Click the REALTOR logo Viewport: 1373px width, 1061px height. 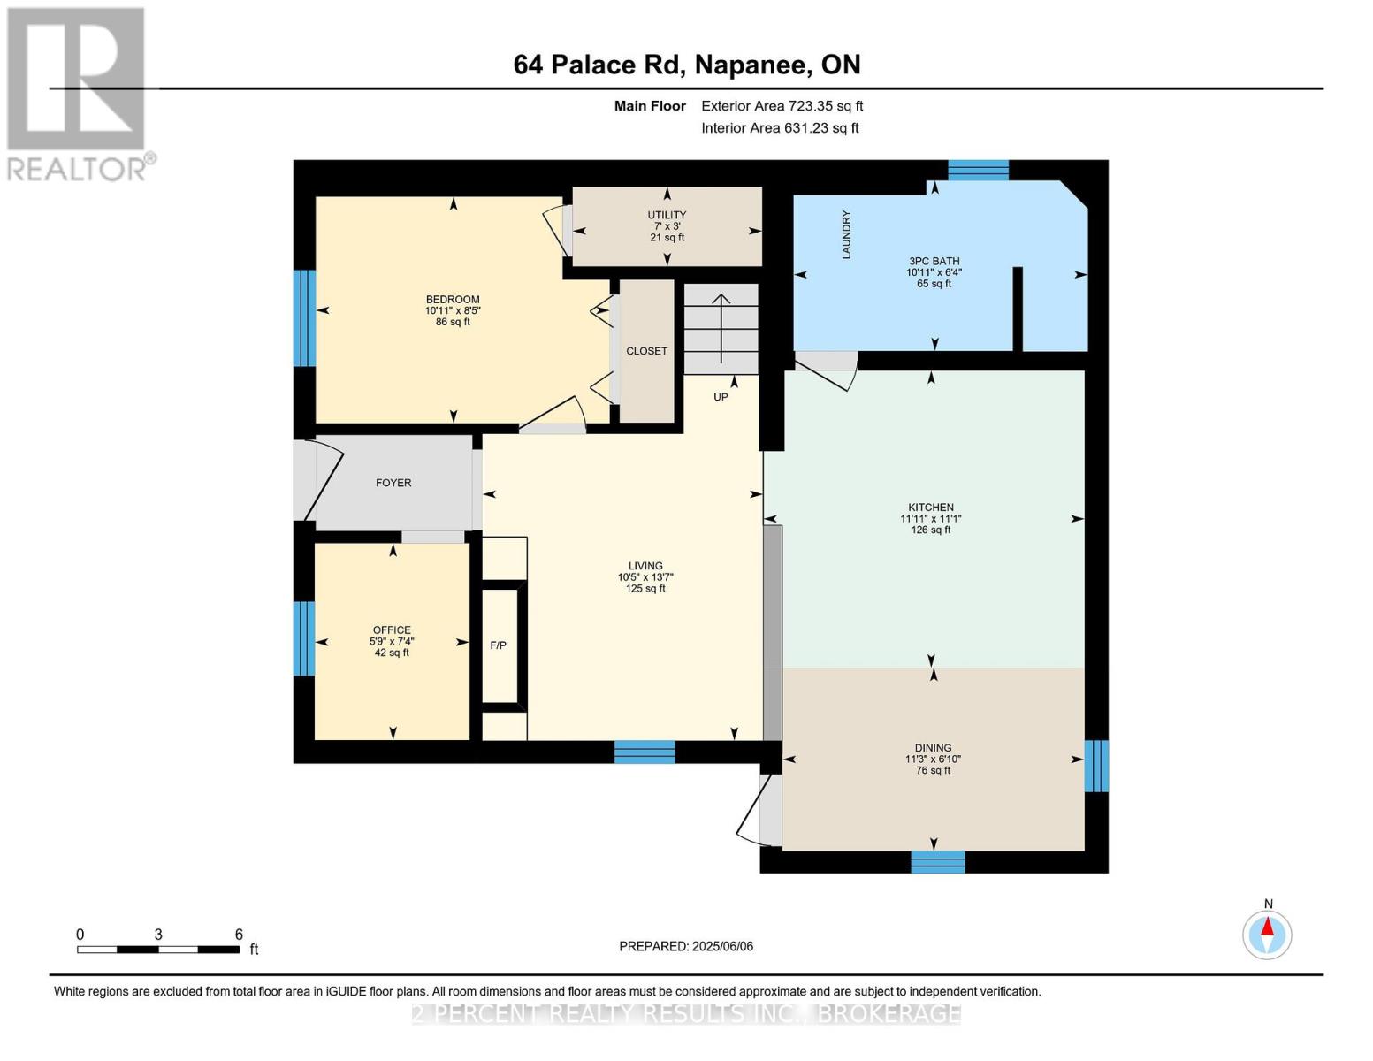coord(78,93)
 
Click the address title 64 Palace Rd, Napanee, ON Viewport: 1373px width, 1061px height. coord(686,65)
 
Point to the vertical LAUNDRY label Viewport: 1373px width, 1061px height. coord(846,234)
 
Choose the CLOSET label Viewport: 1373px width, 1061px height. coord(646,351)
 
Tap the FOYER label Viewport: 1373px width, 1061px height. coord(393,483)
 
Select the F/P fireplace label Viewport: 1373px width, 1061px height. coord(499,645)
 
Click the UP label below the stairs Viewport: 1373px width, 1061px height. coord(721,397)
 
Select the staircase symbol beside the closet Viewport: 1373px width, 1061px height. coord(721,328)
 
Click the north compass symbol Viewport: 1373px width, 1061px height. coord(1267,933)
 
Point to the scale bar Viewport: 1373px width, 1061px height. coord(158,950)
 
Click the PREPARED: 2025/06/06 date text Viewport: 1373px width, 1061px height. coord(686,946)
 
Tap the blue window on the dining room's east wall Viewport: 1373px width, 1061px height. coord(1095,766)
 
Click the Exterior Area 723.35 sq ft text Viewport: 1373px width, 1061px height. coord(782,106)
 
